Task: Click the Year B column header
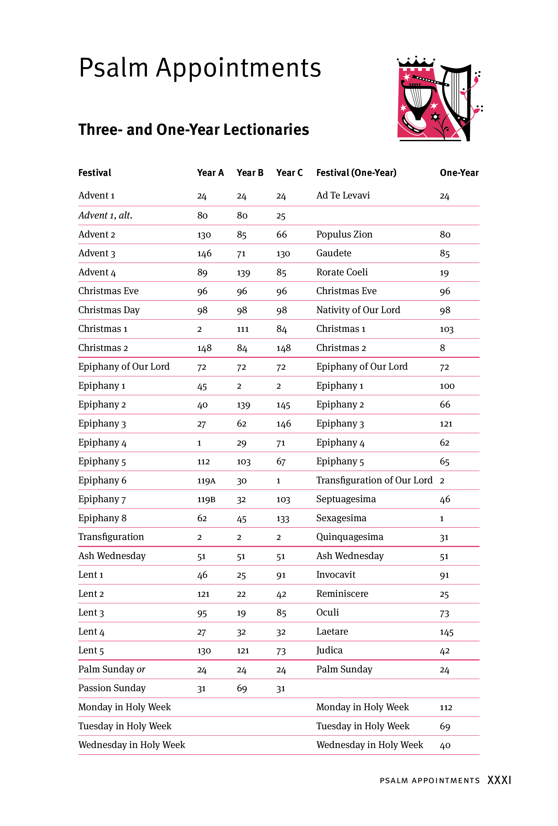point(250,173)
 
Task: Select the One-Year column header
point(459,173)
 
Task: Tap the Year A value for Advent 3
point(204,253)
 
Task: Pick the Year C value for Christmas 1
point(282,329)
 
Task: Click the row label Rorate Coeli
point(342,272)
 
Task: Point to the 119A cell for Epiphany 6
point(206,480)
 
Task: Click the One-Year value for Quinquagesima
point(444,537)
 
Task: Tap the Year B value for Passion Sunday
point(242,688)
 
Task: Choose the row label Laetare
point(332,632)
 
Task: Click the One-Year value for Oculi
point(444,613)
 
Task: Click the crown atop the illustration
point(416,62)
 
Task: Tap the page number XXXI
point(499,780)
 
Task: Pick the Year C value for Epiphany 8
point(282,518)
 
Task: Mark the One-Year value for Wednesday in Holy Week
point(445,745)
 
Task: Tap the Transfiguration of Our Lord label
point(374,480)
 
